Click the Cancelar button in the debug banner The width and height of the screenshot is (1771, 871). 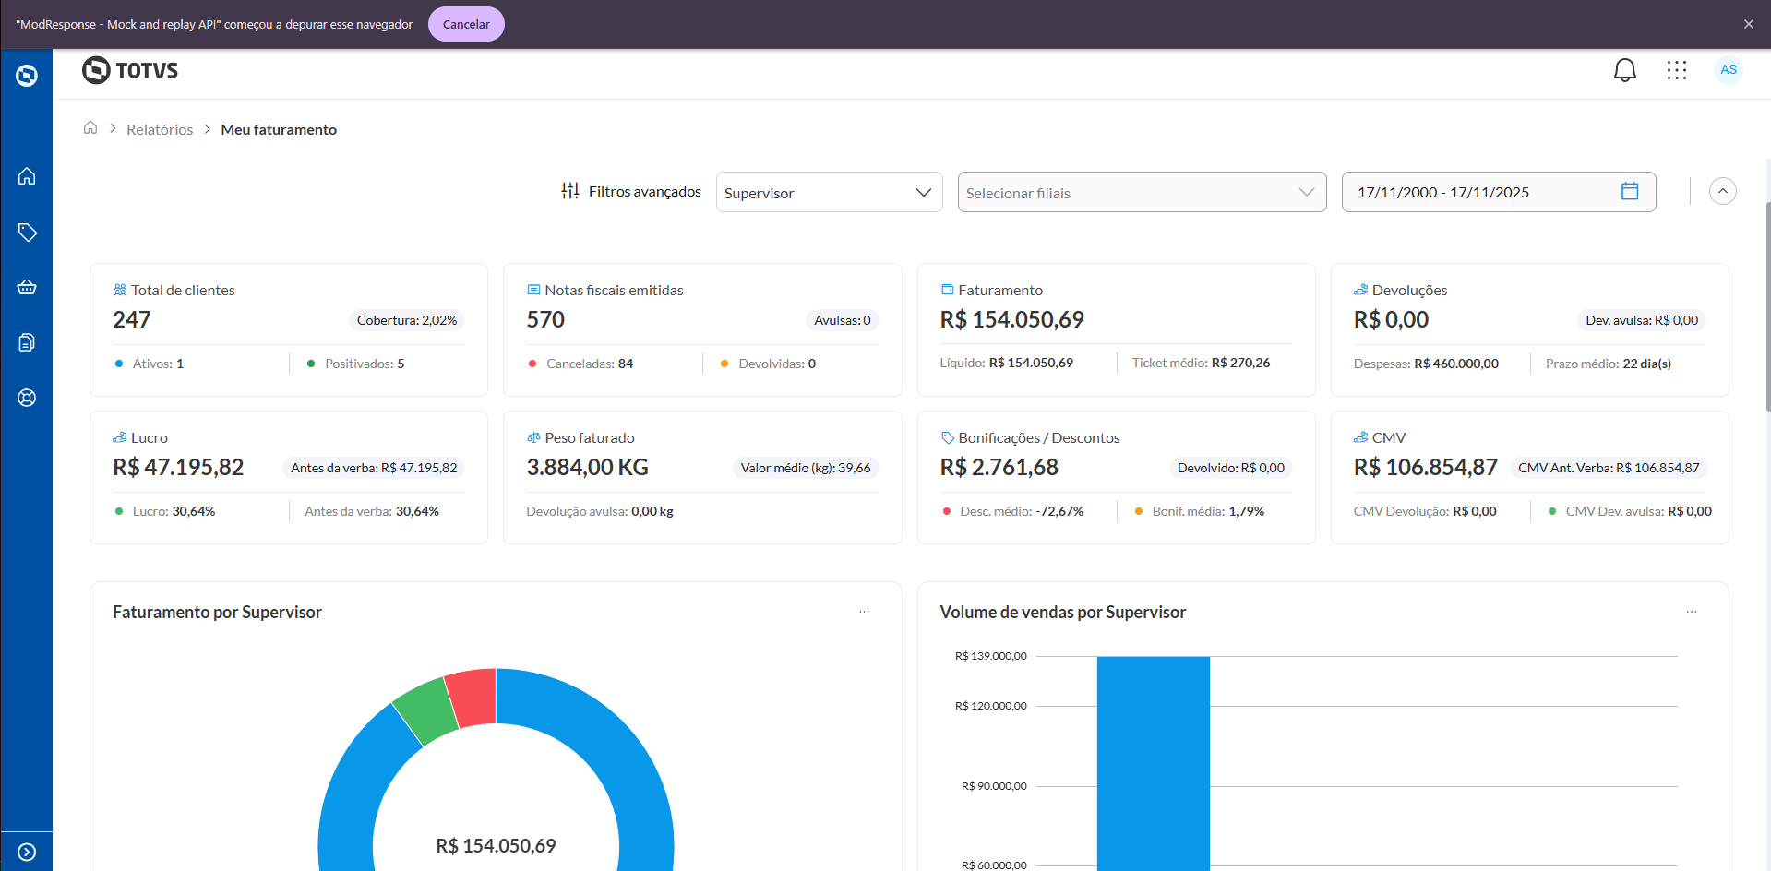tap(466, 24)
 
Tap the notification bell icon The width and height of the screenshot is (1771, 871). tap(1624, 70)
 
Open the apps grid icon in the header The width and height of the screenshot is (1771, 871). tap(1676, 70)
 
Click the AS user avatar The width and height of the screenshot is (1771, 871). tap(1728, 70)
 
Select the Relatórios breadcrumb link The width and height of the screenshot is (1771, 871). tap(160, 130)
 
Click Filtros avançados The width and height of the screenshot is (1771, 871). tap(631, 191)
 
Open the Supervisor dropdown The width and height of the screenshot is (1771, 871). tap(829, 192)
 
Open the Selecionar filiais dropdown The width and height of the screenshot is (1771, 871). tap(1141, 192)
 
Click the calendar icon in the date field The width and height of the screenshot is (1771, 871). tap(1629, 191)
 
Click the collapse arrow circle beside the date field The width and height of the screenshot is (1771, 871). tap(1722, 191)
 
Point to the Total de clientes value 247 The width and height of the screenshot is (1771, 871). tap(132, 319)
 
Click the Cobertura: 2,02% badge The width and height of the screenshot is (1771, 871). tap(406, 320)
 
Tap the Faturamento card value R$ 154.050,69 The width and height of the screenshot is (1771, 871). tap(1011, 319)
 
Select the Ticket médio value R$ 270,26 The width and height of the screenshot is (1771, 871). tap(1240, 363)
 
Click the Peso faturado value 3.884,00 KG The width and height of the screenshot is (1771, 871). tap(587, 467)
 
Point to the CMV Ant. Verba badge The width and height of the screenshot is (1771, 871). tap(1608, 468)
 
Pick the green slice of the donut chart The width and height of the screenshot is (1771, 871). tap(425, 710)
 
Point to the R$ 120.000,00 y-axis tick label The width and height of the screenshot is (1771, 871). tap(990, 706)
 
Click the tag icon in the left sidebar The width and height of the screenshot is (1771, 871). tap(27, 232)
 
